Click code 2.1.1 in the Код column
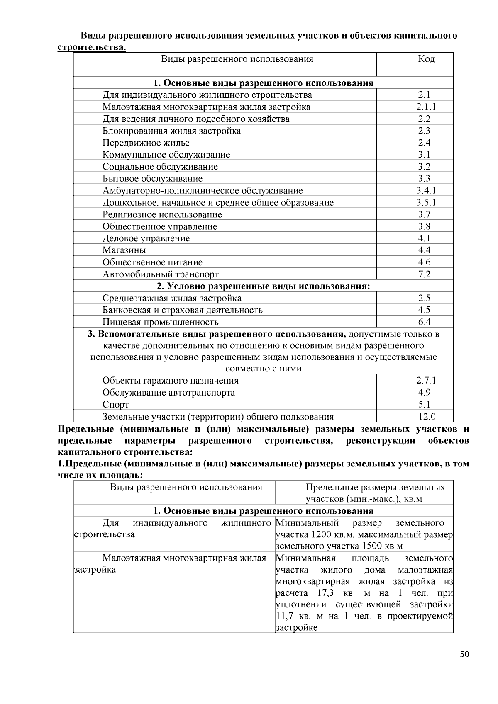tap(426, 107)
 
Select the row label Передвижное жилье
tap(146, 143)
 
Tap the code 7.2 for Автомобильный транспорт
tap(424, 274)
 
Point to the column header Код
tap(426, 59)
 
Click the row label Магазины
tap(124, 250)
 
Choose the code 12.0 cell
tap(426, 417)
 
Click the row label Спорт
tap(115, 405)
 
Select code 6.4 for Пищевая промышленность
tap(424, 322)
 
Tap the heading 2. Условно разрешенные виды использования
tap(263, 286)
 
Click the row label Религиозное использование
tap(162, 215)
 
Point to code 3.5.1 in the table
tap(426, 203)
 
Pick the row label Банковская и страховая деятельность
tap(183, 310)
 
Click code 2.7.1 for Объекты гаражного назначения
tap(426, 381)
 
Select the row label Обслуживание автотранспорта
tap(168, 393)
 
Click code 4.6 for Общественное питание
tap(424, 262)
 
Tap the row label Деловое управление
tap(146, 238)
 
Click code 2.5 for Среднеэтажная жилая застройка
tap(424, 298)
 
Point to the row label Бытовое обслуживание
tap(153, 179)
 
